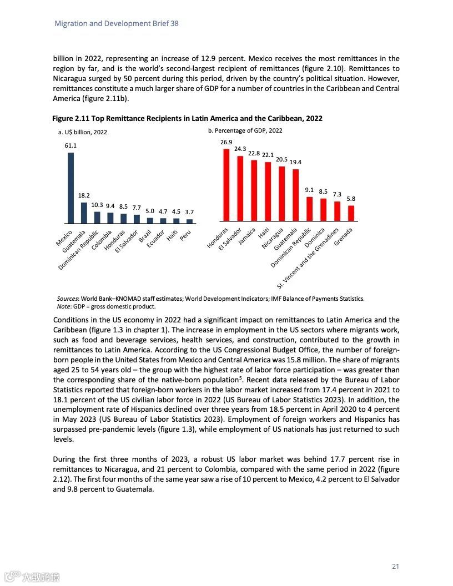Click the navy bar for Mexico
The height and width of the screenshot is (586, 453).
tap(71, 188)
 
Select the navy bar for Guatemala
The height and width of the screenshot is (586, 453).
tap(84, 213)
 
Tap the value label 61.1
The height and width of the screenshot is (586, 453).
tap(71, 146)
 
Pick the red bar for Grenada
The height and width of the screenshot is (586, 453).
tap(351, 214)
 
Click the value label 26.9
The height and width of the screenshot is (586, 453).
tap(226, 143)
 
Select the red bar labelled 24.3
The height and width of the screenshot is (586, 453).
tap(240, 189)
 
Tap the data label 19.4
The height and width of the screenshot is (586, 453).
tap(296, 162)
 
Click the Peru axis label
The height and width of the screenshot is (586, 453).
tap(185, 235)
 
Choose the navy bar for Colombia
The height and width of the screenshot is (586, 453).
tap(110, 218)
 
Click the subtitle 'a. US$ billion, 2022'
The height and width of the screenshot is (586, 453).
tap(83, 132)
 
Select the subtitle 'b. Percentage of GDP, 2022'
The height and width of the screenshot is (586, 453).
tap(245, 130)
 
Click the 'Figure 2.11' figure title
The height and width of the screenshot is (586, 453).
tap(187, 119)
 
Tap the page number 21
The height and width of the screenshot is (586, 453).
tap(395, 567)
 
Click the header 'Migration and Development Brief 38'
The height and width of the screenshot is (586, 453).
tap(117, 24)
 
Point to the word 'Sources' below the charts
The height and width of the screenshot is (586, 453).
tap(68, 299)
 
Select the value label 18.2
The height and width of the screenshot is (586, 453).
tap(84, 196)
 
